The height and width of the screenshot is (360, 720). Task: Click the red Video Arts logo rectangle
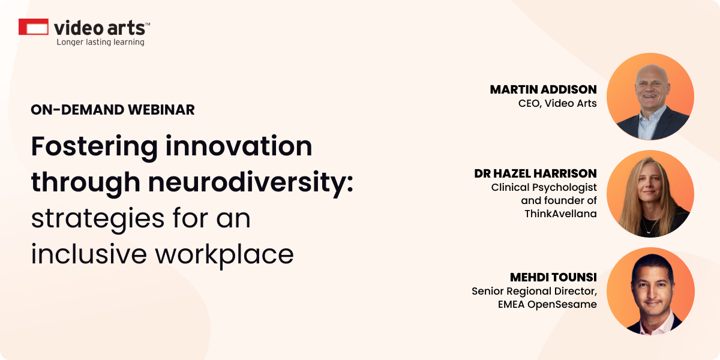click(34, 26)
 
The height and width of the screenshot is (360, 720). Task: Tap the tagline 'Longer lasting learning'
click(100, 42)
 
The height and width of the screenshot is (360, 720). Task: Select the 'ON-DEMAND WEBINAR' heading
click(113, 110)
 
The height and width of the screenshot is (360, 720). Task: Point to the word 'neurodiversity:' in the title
click(251, 183)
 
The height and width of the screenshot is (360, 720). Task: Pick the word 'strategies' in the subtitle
click(98, 219)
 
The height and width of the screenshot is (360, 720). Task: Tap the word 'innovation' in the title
click(239, 146)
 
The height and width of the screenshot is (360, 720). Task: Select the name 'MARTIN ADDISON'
click(543, 89)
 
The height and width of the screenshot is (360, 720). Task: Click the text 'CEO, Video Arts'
click(557, 103)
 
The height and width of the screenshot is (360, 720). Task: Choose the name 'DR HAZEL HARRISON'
click(535, 173)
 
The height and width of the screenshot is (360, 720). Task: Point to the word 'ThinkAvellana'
click(560, 214)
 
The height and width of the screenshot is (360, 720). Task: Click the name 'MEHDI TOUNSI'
click(553, 277)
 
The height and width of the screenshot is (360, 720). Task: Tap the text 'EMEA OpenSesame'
click(547, 304)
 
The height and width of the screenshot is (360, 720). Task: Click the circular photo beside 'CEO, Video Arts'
click(650, 97)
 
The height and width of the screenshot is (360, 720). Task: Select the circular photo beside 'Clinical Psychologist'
click(650, 194)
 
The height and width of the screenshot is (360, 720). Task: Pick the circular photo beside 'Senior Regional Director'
click(650, 291)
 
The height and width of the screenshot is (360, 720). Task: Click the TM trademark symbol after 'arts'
click(148, 24)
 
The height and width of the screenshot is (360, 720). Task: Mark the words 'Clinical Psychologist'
click(544, 187)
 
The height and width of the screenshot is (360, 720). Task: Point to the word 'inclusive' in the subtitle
click(89, 254)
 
